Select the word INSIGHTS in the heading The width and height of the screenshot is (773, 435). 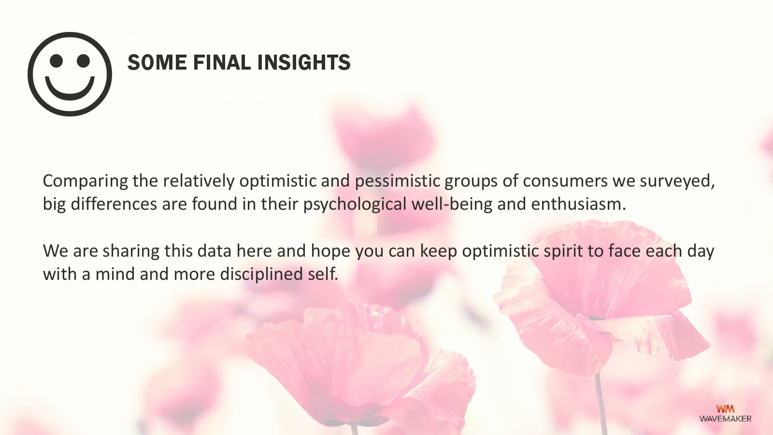coord(304,62)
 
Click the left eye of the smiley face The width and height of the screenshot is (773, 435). coord(56,61)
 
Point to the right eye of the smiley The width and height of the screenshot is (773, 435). coord(83,61)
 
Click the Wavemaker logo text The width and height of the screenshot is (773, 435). coord(725,419)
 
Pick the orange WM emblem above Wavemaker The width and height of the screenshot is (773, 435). coord(725,409)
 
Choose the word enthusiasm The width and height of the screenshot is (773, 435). coord(578,204)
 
